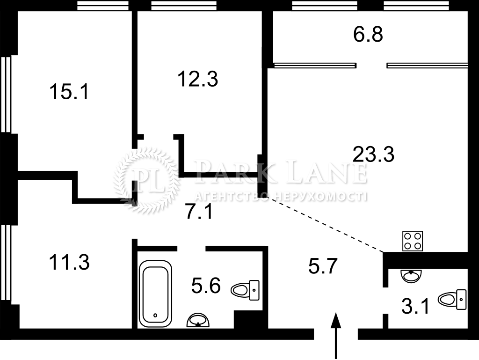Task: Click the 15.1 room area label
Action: click(69, 92)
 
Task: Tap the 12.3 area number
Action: click(198, 79)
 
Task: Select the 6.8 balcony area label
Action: click(368, 34)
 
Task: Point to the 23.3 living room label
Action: click(373, 154)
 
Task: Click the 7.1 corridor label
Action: click(199, 212)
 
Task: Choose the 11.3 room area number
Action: click(69, 262)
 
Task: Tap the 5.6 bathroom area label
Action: click(206, 286)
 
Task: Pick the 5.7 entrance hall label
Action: click(323, 266)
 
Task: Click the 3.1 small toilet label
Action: click(416, 306)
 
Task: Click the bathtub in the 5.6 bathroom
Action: click(155, 294)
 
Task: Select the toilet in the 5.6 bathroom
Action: click(245, 290)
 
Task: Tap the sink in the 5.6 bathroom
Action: click(198, 320)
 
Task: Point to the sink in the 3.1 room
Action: click(411, 276)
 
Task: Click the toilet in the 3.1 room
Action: click(452, 299)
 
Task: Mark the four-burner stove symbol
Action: click(413, 241)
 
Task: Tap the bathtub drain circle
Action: click(155, 315)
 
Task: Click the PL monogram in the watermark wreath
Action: click(146, 180)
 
